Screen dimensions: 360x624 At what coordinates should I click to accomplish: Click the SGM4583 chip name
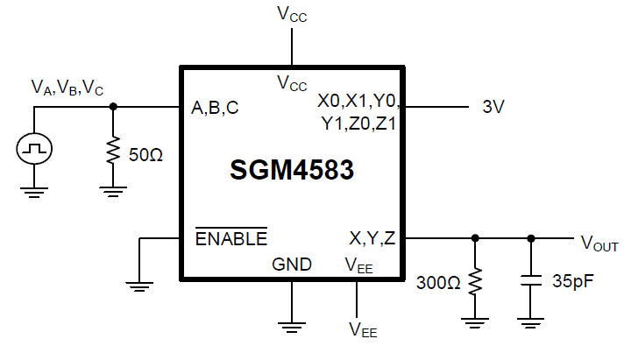(x=292, y=170)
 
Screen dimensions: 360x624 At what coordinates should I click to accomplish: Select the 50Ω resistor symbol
(x=113, y=152)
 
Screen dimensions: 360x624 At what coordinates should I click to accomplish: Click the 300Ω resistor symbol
(x=475, y=282)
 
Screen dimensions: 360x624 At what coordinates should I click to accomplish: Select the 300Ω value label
(x=438, y=283)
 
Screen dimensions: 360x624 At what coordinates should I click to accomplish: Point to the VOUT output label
(x=599, y=243)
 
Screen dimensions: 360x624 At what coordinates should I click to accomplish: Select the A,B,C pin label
(x=215, y=109)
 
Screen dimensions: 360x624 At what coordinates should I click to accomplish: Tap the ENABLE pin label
(x=230, y=238)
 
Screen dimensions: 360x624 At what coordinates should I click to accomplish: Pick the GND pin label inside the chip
(x=292, y=264)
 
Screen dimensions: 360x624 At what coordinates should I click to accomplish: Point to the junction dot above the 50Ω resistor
(x=113, y=107)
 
